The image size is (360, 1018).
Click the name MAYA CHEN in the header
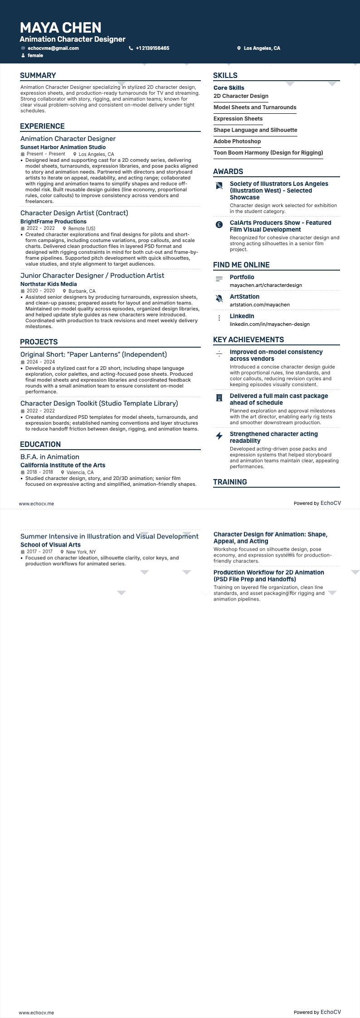point(60,28)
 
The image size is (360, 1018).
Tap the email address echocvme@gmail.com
point(53,48)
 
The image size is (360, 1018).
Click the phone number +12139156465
point(152,48)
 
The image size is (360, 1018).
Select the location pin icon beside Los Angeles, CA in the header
point(239,48)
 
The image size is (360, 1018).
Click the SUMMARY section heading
point(38,76)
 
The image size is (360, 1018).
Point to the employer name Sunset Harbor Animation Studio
point(63,147)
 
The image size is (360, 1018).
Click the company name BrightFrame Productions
point(54,222)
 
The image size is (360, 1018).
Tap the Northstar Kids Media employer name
point(49,284)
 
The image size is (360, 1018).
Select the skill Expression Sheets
point(238,119)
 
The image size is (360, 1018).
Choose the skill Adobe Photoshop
point(237,141)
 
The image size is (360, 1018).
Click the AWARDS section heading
point(228,172)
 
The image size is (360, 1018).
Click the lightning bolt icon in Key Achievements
point(219,436)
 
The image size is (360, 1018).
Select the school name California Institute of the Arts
point(63,465)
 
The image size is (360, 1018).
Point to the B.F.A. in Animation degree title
point(50,457)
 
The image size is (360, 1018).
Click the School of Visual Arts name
point(50,545)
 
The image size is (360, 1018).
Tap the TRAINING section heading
point(230,482)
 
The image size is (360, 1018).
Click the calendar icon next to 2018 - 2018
point(23,472)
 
